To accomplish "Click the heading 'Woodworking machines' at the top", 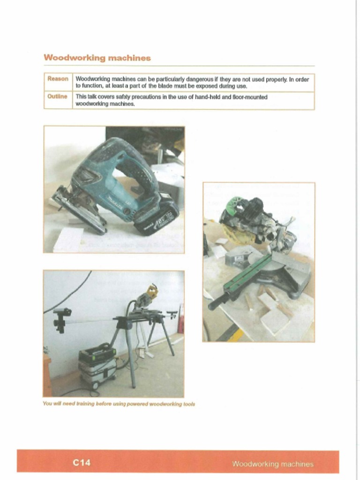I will (x=97, y=58).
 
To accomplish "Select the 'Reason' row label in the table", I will (x=58, y=79).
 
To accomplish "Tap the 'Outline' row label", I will (x=57, y=97).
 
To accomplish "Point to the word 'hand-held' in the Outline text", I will (x=201, y=97).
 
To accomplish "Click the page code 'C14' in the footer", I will (x=82, y=463).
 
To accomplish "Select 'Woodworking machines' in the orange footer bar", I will (x=273, y=464).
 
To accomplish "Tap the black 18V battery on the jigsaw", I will (x=156, y=217).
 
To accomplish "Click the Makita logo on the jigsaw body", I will (x=114, y=201).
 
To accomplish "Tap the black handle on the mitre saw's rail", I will (x=218, y=302).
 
